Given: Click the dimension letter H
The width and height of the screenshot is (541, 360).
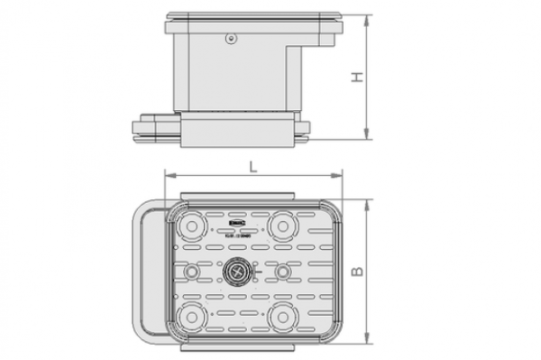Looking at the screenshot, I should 358,79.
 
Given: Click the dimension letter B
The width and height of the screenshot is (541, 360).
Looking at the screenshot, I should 358,271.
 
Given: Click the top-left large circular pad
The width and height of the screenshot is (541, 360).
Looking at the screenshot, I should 190,224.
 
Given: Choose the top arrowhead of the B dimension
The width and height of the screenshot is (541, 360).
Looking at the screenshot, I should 367,200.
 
